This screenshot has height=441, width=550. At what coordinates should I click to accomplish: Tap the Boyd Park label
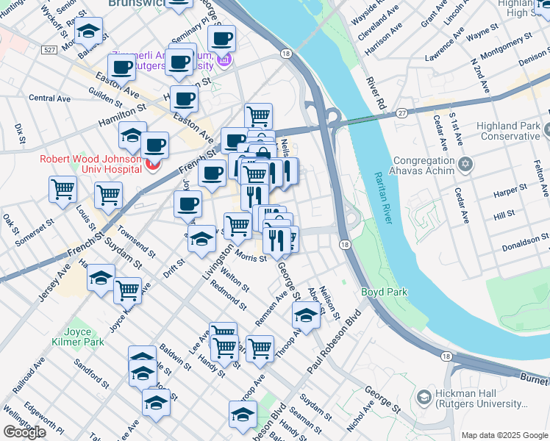pyautogui.click(x=384, y=292)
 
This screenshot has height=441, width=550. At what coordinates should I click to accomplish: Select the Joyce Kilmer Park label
pyautogui.click(x=83, y=337)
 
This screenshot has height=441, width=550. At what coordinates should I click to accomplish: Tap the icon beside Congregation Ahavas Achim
pyautogui.click(x=465, y=162)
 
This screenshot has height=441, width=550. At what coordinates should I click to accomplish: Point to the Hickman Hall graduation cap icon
pyautogui.click(x=424, y=398)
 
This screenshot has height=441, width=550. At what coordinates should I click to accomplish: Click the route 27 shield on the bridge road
pyautogui.click(x=401, y=112)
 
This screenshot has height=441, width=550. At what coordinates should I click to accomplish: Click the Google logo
pyautogui.click(x=24, y=432)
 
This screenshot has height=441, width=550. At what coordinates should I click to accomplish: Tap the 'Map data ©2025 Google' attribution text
pyautogui.click(x=504, y=435)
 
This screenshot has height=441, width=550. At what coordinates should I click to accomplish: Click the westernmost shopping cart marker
pyautogui.click(x=63, y=188)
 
